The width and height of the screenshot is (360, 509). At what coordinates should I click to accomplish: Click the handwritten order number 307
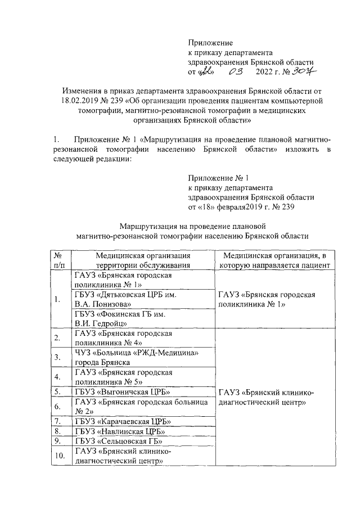(x=307, y=72)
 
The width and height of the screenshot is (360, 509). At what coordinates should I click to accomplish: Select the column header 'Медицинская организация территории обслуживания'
(x=142, y=260)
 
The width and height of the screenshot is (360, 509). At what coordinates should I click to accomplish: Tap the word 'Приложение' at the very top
(x=210, y=42)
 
